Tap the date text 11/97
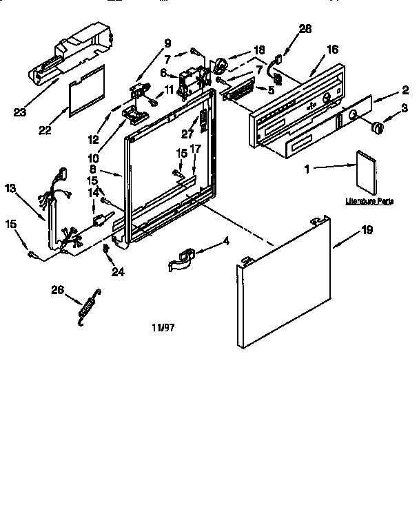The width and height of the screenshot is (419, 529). click(163, 328)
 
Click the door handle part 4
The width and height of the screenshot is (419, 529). click(183, 260)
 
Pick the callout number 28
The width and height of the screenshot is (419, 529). click(305, 28)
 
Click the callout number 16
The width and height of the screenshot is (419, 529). click(332, 50)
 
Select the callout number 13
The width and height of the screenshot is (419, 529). click(10, 187)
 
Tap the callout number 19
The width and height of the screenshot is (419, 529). click(367, 229)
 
